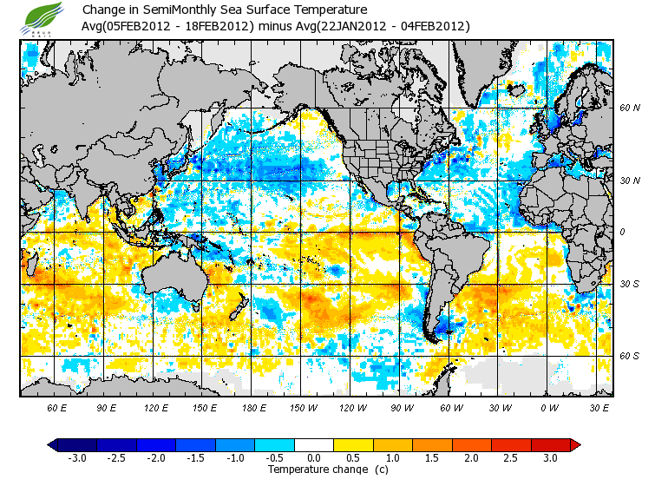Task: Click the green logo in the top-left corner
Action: (43, 18)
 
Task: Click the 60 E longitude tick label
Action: (57, 407)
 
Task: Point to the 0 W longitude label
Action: (548, 407)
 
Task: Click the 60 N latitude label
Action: (629, 108)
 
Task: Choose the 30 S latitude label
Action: (629, 285)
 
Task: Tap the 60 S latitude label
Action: (629, 357)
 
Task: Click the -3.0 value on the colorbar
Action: (77, 458)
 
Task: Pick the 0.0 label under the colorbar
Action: (314, 458)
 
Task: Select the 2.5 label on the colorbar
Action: (511, 458)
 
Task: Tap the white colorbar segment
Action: (314, 445)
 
